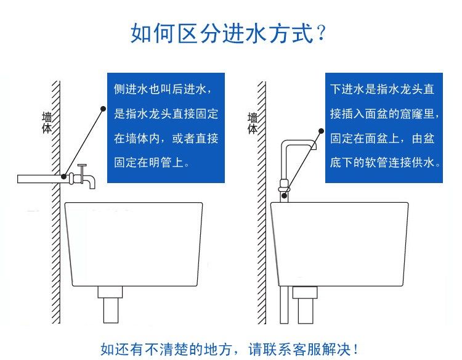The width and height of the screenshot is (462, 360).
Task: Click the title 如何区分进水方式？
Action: point(228,33)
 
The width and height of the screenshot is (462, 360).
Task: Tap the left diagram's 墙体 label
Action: point(47,123)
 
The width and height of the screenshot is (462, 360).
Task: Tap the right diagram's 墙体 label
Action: point(253,123)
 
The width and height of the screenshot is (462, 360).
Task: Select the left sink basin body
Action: point(134,243)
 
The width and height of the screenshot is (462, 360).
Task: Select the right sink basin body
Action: point(339,243)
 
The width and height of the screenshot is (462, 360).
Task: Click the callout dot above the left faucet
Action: point(103,108)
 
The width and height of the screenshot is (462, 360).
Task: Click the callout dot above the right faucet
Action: point(320,131)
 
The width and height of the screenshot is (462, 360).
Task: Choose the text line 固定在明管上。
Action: point(152,163)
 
